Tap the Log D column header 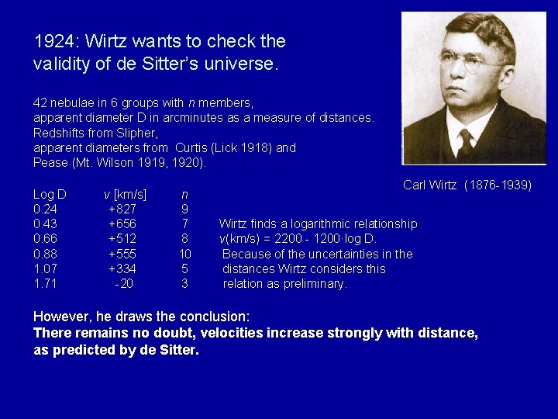(x=50, y=194)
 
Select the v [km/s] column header (x=126, y=194)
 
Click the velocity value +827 (x=122, y=209)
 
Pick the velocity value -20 (x=123, y=284)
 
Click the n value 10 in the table (x=184, y=254)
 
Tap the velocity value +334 (x=122, y=269)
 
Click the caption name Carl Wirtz (x=430, y=185)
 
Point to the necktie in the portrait (x=467, y=144)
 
